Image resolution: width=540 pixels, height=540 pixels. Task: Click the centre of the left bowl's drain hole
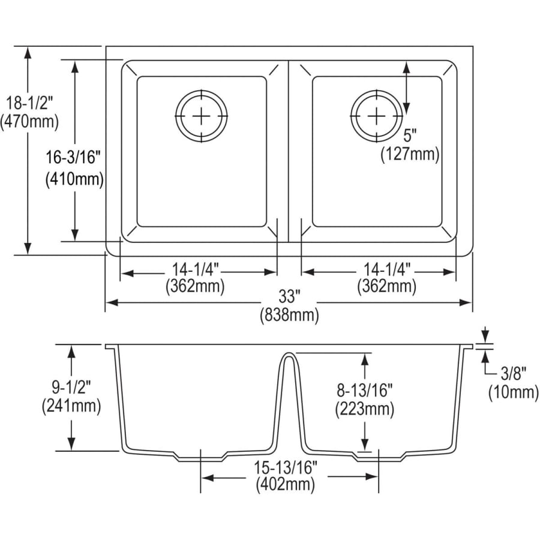tap(202, 116)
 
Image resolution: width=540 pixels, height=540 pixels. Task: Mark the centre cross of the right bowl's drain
tap(376, 116)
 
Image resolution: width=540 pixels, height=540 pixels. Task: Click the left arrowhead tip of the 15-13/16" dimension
tap(201, 478)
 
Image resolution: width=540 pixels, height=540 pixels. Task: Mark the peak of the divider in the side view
tap(289, 353)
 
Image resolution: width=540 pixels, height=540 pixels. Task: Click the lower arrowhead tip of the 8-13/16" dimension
tap(365, 451)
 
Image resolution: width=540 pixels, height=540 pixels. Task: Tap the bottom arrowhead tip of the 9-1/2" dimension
tap(71, 451)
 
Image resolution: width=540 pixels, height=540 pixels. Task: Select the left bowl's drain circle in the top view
tap(202, 116)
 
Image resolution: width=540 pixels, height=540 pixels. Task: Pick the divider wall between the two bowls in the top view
tap(288, 152)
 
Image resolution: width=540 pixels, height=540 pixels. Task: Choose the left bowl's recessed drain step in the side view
tap(201, 457)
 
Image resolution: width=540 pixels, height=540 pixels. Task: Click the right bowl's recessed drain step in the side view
tap(379, 457)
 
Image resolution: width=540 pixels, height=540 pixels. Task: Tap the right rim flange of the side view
tap(466, 346)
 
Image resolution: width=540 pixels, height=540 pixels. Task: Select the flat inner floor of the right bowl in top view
tap(377, 152)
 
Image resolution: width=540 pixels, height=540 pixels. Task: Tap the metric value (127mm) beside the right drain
tap(410, 154)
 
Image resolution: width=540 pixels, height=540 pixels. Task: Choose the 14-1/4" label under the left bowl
tap(195, 269)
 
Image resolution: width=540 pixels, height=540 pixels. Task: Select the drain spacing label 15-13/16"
tap(286, 467)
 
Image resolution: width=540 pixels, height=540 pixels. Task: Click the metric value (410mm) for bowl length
tap(74, 179)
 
